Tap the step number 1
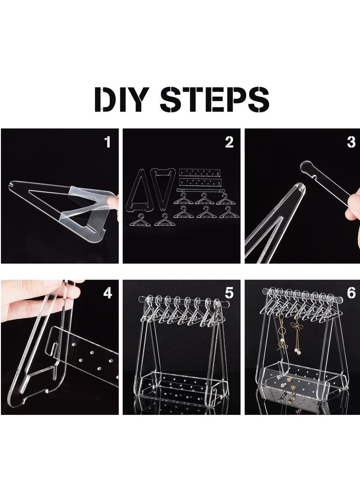pos(108,142)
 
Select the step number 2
pos(229,142)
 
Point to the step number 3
pos(351,142)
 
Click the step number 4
pos(108,293)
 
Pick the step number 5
pos(229,293)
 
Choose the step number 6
pos(351,293)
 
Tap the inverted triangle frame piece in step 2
pos(163,188)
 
